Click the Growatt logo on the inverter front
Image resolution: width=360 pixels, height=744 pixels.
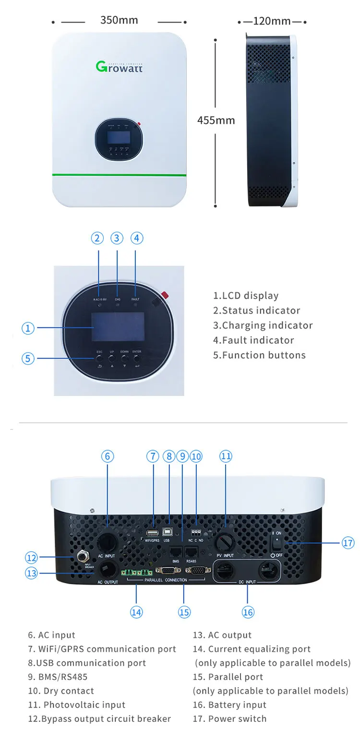119,66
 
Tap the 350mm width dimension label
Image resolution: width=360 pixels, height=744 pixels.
119,20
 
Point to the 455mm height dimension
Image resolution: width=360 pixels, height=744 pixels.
216,120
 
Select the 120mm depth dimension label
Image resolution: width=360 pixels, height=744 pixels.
272,21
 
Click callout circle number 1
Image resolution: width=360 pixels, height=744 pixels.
28,328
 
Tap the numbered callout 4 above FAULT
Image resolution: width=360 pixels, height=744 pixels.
136,238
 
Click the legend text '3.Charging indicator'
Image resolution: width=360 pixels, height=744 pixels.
263,325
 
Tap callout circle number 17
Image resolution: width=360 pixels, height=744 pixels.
348,543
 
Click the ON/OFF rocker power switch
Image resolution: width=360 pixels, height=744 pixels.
277,543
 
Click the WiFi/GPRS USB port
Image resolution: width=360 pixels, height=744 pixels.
153,533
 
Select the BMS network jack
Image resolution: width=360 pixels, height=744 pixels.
175,551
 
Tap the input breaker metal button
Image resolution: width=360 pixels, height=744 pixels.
82,557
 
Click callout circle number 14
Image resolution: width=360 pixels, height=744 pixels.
136,612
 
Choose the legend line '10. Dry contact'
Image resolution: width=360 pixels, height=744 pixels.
61,691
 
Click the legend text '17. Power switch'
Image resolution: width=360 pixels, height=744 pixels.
229,719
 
